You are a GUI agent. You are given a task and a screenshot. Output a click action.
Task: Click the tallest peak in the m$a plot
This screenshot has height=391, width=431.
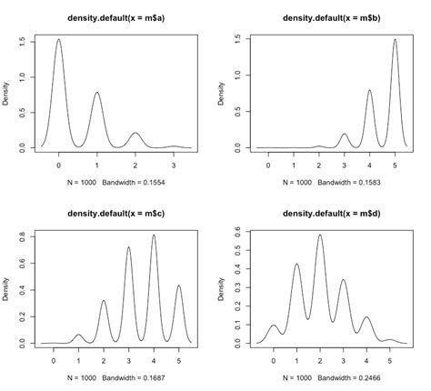pos(58,40)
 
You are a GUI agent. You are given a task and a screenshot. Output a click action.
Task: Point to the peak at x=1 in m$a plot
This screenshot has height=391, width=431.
pos(96,93)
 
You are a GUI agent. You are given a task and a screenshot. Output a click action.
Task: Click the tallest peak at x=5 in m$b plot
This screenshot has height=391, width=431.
pos(395,40)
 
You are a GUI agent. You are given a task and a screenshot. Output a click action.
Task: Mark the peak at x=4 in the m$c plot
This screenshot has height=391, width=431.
pos(153,236)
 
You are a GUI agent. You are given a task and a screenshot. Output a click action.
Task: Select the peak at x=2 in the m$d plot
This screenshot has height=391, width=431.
pos(319,236)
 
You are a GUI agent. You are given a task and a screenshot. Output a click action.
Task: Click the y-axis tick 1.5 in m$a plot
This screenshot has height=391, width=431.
pos(21,42)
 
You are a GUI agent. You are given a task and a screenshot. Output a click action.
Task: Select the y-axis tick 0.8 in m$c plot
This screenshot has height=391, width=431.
pos(21,237)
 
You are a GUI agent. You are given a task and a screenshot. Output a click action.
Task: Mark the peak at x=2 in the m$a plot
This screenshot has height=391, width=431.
pos(135,133)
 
